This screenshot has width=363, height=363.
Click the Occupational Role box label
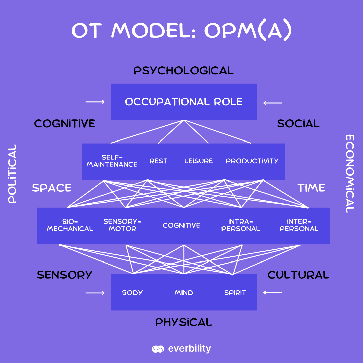click(184, 102)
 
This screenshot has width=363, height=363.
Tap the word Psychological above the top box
click(184, 71)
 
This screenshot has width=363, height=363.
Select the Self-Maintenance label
click(112, 161)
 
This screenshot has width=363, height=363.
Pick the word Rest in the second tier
click(158, 161)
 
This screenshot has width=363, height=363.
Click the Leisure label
click(198, 161)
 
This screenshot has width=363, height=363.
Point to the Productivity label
click(252, 161)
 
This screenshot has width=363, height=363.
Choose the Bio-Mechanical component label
click(70, 225)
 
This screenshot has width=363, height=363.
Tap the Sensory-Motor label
click(122, 225)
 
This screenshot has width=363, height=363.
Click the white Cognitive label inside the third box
click(182, 225)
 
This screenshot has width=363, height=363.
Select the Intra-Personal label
click(241, 225)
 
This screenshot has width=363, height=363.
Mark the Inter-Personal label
click(299, 225)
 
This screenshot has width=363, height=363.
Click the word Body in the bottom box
click(132, 293)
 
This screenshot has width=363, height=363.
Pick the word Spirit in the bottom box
click(235, 293)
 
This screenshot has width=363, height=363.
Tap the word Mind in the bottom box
click(184, 293)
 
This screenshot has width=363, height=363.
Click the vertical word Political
click(12, 173)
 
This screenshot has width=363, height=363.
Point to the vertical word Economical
click(350, 173)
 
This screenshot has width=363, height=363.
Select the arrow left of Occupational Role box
click(95, 102)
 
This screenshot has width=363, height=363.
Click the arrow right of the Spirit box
click(272, 293)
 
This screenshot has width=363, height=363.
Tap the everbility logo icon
click(158, 349)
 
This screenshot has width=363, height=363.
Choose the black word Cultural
click(298, 275)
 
